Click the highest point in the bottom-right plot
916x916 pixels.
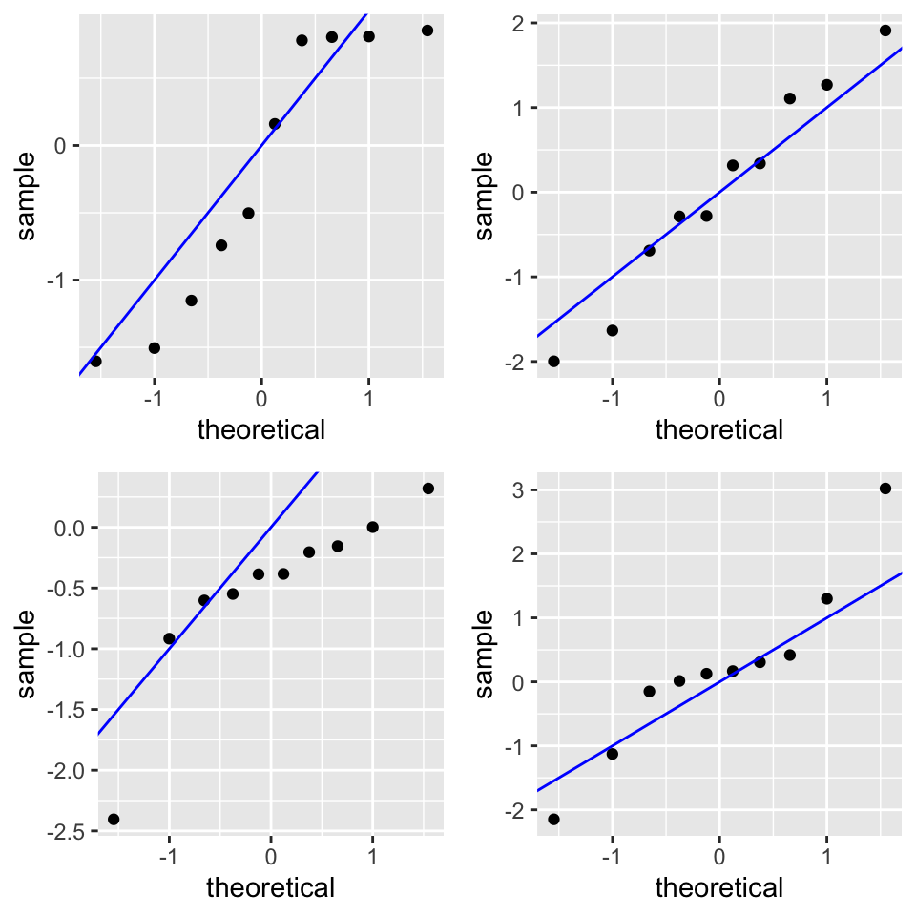point(885,489)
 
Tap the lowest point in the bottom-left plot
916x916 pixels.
point(114,819)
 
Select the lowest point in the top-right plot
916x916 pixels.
point(553,361)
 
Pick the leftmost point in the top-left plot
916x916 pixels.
point(95,361)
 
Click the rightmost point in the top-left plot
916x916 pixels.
point(427,31)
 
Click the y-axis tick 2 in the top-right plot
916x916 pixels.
point(516,23)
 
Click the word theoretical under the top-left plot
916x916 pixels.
point(260,429)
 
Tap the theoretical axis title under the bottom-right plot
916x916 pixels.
point(718,887)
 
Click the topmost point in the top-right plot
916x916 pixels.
point(885,31)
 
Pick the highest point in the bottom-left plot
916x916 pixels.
point(427,489)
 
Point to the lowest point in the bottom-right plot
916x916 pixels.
point(553,819)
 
